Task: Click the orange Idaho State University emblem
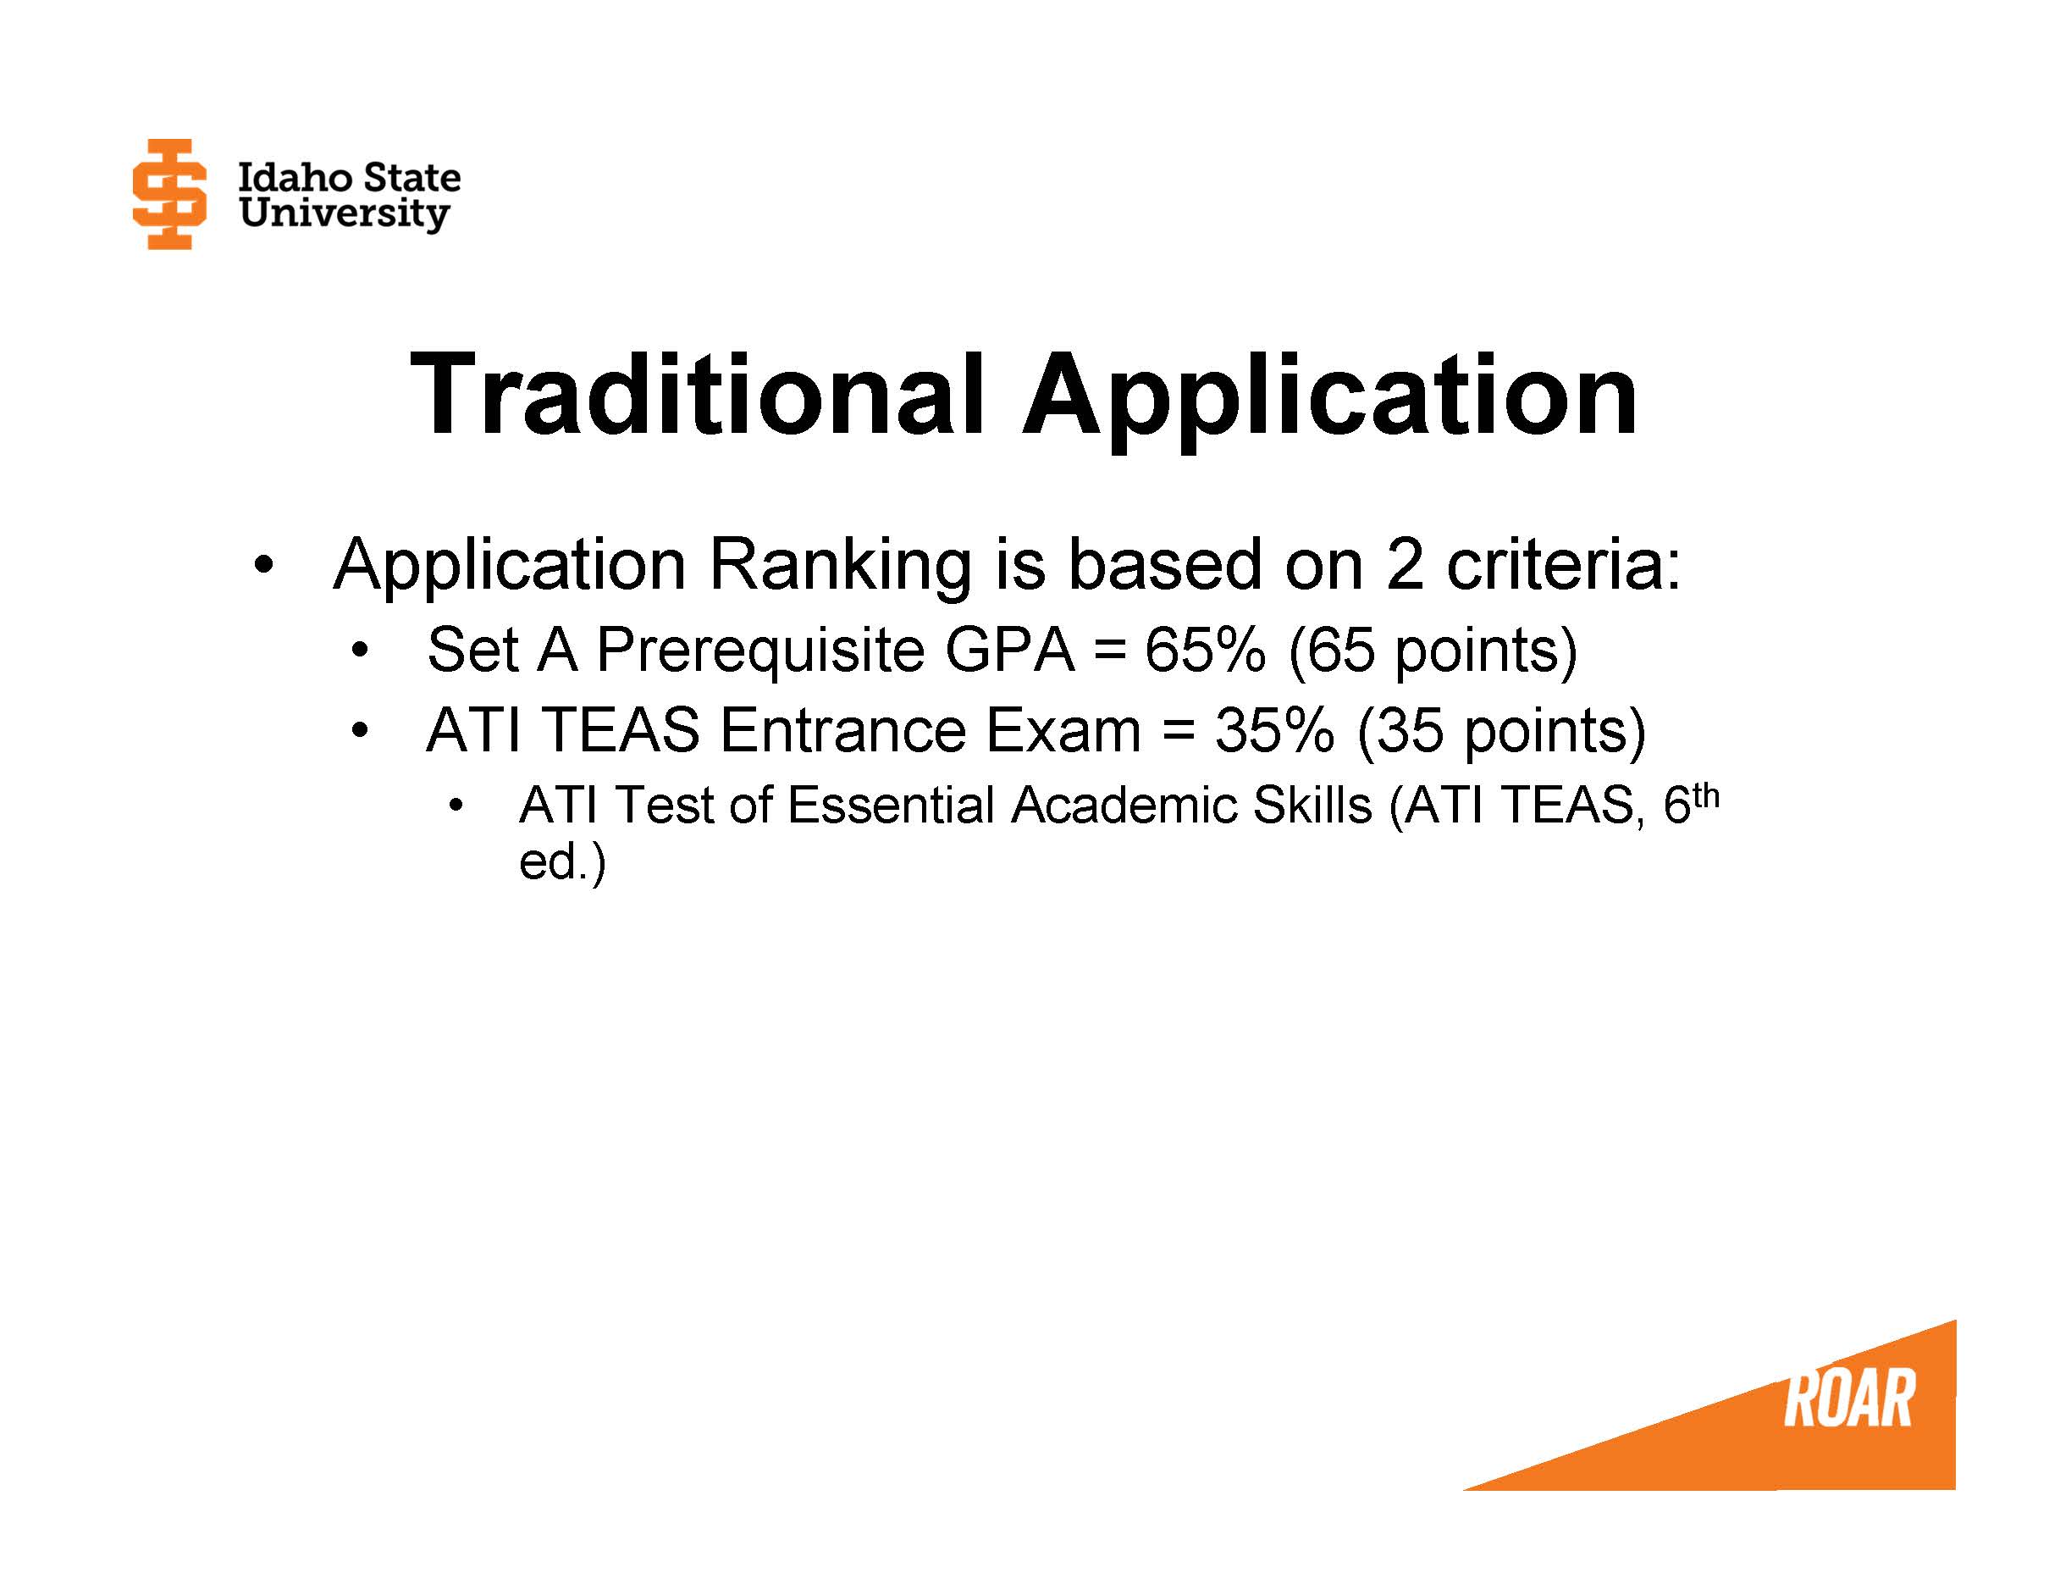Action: [x=168, y=194]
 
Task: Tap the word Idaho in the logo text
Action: [x=295, y=177]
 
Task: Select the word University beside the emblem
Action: [x=344, y=214]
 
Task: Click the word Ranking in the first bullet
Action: [x=840, y=567]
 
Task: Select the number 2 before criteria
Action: [x=1404, y=565]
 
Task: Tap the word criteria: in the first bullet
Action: [x=1563, y=565]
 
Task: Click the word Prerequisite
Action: [x=760, y=651]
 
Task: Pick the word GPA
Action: [x=1009, y=650]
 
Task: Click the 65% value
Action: [x=1205, y=650]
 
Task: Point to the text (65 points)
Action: [x=1433, y=651]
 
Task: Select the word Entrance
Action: [x=842, y=730]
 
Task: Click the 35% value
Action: [x=1274, y=730]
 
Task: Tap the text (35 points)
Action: [x=1501, y=731]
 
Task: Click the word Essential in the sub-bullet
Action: [x=891, y=806]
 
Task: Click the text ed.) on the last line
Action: [x=562, y=861]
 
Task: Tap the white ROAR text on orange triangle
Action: [x=1848, y=1399]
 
